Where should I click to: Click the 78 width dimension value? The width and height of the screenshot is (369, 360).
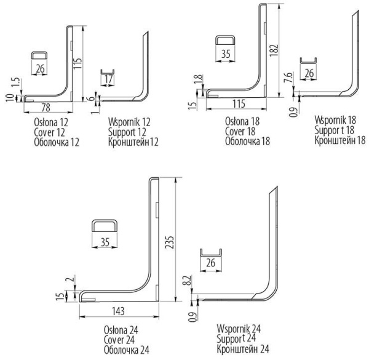click(x=46, y=108)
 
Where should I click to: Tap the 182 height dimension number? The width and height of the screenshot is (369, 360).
click(x=274, y=50)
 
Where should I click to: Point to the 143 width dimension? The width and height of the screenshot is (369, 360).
click(x=118, y=311)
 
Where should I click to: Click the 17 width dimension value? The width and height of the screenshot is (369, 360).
click(x=108, y=79)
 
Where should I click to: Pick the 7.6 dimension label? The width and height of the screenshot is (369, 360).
click(x=289, y=77)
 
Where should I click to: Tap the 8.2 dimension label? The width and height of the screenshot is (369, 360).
click(x=188, y=281)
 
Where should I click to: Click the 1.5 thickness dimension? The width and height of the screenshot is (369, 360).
click(x=17, y=82)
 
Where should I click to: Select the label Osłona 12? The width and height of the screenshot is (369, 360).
click(x=51, y=122)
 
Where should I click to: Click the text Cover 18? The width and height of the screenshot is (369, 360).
click(x=240, y=131)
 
